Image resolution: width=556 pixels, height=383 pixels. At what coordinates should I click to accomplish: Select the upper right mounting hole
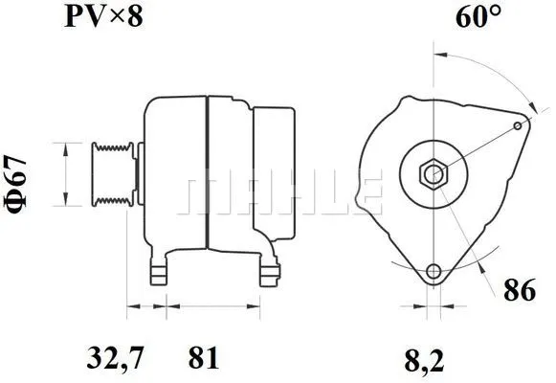coord(520,125)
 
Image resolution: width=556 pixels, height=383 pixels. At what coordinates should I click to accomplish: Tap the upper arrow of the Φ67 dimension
coord(66,148)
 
